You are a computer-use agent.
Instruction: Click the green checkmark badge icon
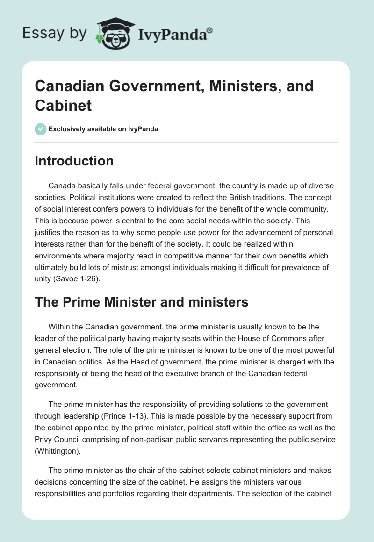[x=40, y=129]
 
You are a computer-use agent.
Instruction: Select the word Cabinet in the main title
[x=63, y=105]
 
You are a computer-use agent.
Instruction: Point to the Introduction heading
[x=74, y=161]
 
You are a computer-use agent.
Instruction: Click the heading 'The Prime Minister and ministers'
[x=142, y=302]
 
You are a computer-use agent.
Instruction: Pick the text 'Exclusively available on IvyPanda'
[x=103, y=129]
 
